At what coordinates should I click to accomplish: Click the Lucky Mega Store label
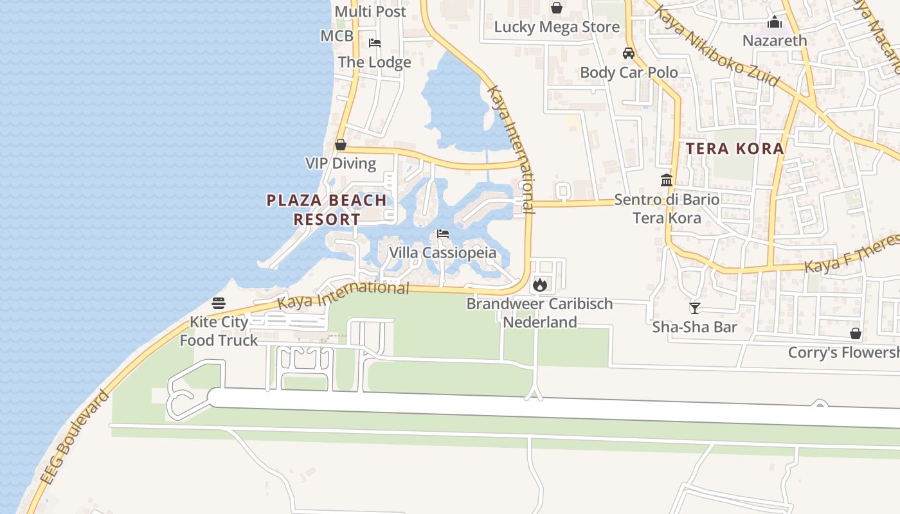coord(557,27)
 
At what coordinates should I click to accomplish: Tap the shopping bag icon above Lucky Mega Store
coord(557,8)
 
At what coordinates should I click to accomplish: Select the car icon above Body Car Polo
coord(629,53)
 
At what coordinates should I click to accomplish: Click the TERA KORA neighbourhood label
coord(735,149)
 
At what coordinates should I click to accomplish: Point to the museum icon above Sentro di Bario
coord(667,181)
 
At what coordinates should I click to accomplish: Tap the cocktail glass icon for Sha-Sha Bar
coord(694,308)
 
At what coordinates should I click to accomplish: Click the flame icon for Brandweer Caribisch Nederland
coord(539,284)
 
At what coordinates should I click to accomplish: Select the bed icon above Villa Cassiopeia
coord(443,234)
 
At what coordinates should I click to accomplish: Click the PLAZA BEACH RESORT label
coord(327,209)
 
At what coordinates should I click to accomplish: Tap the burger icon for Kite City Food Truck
coord(219,303)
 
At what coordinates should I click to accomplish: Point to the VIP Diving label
coord(341,163)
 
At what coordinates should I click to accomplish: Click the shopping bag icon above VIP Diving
coord(341,145)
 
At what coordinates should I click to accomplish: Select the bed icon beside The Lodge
coord(375,43)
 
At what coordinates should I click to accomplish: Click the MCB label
coord(337,36)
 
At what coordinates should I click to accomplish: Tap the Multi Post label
coord(370,12)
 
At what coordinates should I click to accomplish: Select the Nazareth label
coord(775,40)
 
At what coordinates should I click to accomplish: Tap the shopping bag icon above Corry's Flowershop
coord(856,333)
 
